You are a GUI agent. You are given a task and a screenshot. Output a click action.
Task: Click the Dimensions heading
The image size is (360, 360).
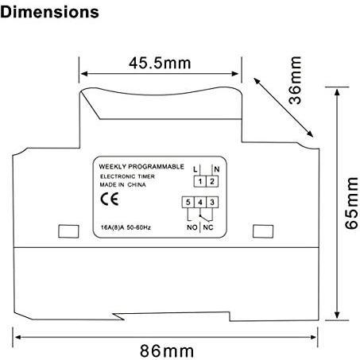point(49,13)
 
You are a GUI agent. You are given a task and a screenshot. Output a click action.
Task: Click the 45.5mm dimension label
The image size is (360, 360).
point(160,64)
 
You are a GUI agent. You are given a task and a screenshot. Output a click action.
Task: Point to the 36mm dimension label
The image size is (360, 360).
point(295,80)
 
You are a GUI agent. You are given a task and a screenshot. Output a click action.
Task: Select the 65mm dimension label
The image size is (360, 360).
point(351,203)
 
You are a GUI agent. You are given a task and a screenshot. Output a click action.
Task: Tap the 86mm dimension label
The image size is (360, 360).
point(167,351)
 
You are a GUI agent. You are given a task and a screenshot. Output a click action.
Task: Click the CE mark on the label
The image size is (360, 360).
point(110,199)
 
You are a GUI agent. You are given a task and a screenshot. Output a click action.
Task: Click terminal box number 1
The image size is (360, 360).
point(200,181)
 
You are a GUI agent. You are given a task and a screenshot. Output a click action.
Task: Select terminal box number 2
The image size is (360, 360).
point(212,181)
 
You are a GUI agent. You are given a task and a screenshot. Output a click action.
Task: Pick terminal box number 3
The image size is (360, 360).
point(212,203)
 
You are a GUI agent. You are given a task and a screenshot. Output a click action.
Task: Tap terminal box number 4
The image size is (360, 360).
point(200,203)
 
